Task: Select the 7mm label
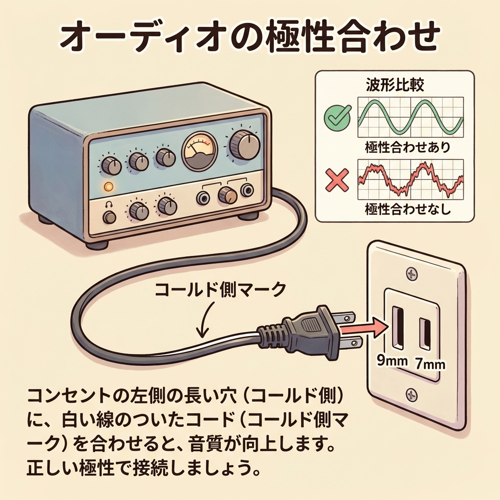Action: point(430,364)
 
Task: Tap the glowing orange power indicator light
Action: point(108,186)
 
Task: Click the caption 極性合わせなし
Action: point(408,210)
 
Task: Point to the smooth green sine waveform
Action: point(410,116)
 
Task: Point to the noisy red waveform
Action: point(410,180)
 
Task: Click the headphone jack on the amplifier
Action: point(109,217)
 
